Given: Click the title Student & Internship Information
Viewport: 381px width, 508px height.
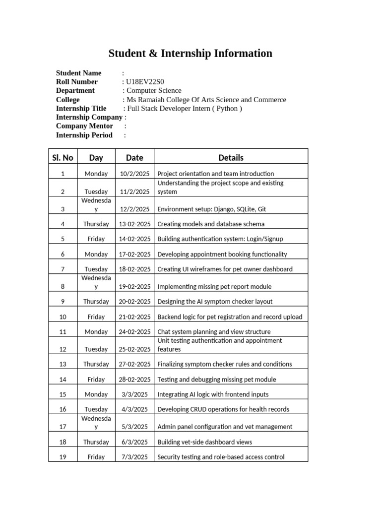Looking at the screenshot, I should tap(190, 54).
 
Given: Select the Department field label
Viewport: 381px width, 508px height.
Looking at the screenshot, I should tap(75, 91).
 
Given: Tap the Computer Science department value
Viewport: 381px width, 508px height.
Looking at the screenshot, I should tap(154, 91).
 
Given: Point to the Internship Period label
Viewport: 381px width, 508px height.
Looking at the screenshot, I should tap(84, 135).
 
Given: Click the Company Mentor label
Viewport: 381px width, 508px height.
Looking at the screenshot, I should tap(84, 127).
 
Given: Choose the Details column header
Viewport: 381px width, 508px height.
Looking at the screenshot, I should tap(231, 158).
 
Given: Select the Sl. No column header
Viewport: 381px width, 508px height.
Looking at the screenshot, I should tap(63, 158).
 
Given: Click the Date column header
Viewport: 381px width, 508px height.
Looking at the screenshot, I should tap(134, 158).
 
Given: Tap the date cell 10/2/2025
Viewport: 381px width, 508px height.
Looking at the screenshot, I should tap(134, 174).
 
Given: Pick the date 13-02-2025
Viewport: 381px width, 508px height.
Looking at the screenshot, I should tap(134, 224).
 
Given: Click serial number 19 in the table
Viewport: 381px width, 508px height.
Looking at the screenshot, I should tap(63, 457).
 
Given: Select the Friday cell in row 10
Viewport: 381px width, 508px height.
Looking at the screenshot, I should tap(96, 317).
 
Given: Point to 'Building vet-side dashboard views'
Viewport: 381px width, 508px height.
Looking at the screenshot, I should tap(204, 442).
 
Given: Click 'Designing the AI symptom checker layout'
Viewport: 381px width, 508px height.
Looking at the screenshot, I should tap(215, 302).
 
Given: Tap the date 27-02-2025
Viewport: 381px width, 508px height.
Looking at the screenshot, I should tap(134, 364).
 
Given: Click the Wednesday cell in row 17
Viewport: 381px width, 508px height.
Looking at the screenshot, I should tap(96, 423).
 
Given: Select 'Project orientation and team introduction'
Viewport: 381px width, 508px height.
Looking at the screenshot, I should tap(215, 174).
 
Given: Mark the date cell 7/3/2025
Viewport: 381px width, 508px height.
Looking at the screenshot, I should tap(134, 457).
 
